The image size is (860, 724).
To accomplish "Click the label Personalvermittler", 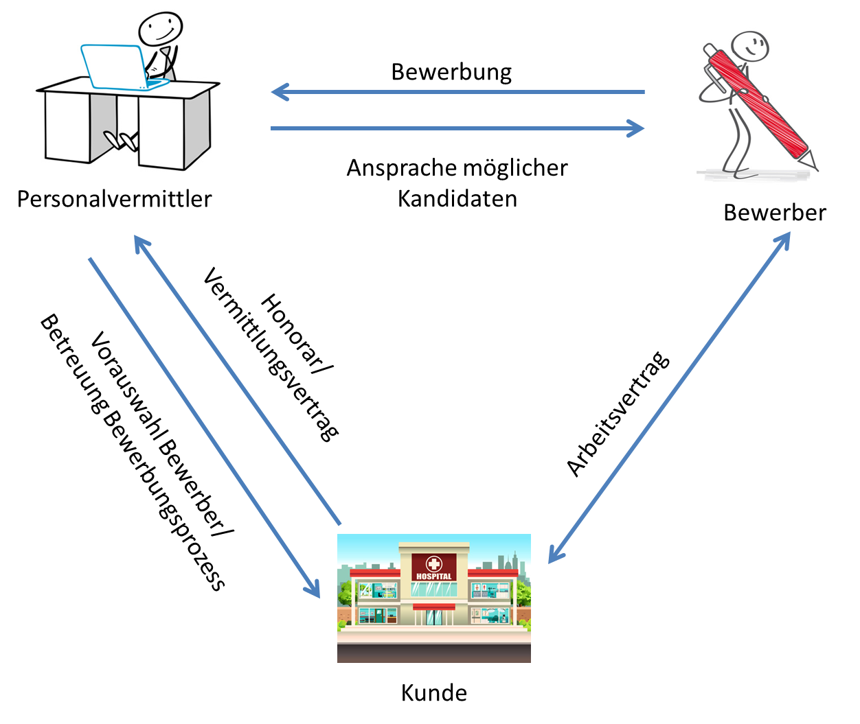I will click(114, 199).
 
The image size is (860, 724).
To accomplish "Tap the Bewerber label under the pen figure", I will click(774, 213).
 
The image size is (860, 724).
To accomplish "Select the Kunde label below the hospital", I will click(433, 692).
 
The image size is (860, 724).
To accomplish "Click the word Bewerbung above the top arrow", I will click(451, 72).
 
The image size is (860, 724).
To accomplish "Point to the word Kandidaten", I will click(457, 199).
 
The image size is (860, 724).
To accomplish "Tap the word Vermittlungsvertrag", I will click(271, 353).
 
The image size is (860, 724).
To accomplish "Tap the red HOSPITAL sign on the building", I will click(434, 568).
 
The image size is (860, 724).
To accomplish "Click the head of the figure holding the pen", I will click(749, 47).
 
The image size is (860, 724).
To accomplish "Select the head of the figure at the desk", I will click(161, 27).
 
